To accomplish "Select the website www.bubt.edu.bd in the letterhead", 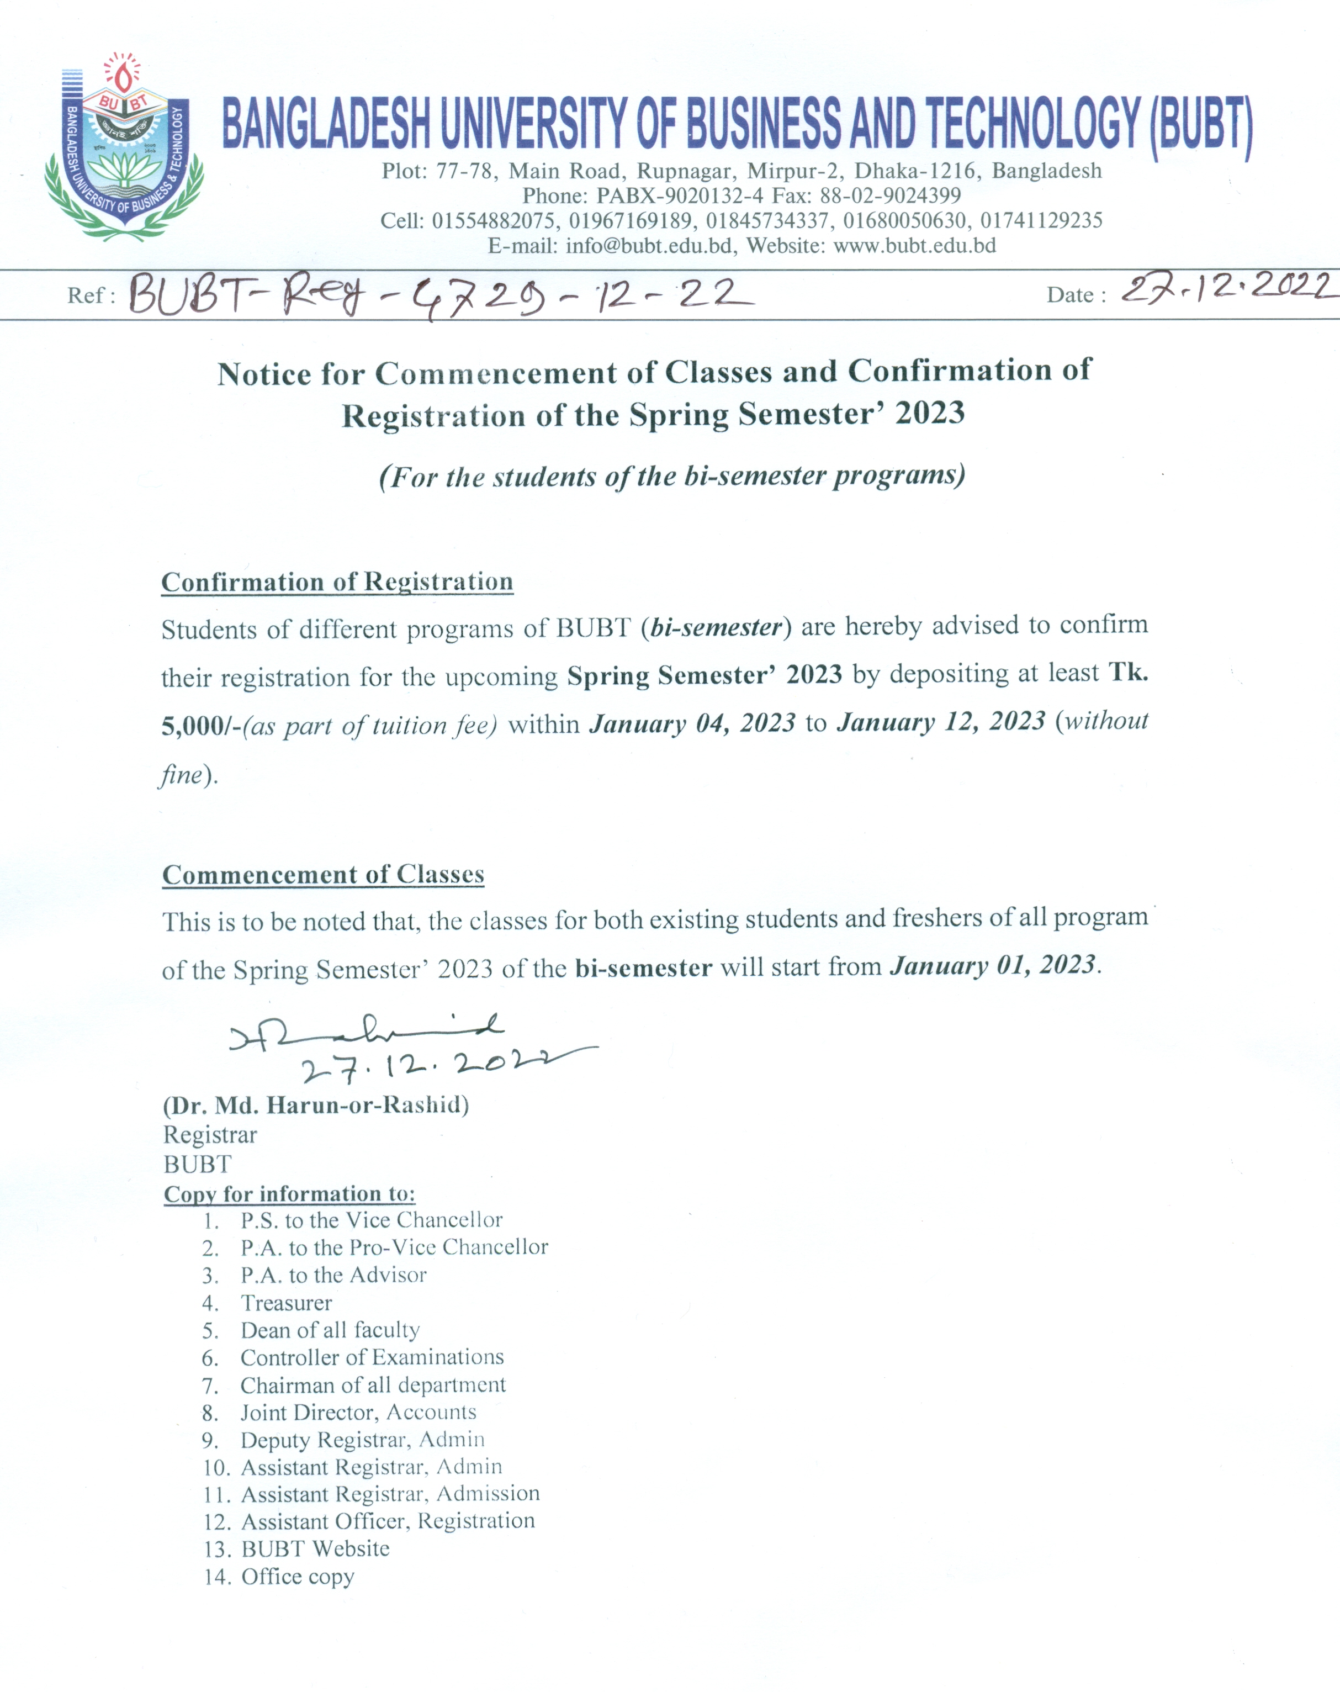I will pos(914,246).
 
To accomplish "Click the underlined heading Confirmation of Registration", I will pos(337,582).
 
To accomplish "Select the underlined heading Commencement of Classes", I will pos(323,875).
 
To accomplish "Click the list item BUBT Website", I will pos(315,1549).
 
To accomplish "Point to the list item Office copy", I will pos(298,1577).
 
